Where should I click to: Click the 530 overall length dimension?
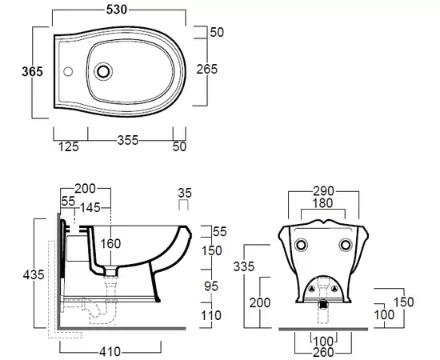click(x=117, y=10)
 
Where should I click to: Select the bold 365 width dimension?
click(x=33, y=71)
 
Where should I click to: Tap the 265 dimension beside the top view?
click(x=207, y=70)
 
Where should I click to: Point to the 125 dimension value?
click(x=69, y=146)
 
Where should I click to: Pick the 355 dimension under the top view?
click(x=128, y=140)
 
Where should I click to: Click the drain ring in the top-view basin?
click(x=103, y=71)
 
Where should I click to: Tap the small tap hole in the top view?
click(x=68, y=71)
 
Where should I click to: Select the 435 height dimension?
click(x=34, y=274)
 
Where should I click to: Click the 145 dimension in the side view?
click(x=90, y=208)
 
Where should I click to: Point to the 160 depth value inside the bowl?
click(x=110, y=243)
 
